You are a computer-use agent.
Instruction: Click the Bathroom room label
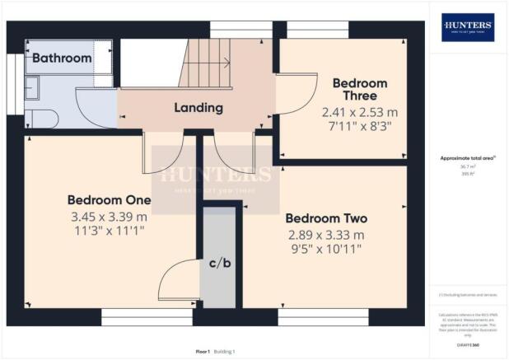point(62,58)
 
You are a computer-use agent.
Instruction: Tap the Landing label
point(198,108)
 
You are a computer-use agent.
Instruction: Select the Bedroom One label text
point(109,200)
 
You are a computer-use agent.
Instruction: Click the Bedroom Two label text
point(326,218)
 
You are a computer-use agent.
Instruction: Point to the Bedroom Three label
point(359,90)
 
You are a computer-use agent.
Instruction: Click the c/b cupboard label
point(218,264)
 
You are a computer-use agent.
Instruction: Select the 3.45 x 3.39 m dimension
point(109,217)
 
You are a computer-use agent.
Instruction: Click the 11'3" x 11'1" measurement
point(109,231)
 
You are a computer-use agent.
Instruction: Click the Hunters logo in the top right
point(468,27)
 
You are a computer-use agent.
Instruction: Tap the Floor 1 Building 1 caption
point(216,351)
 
